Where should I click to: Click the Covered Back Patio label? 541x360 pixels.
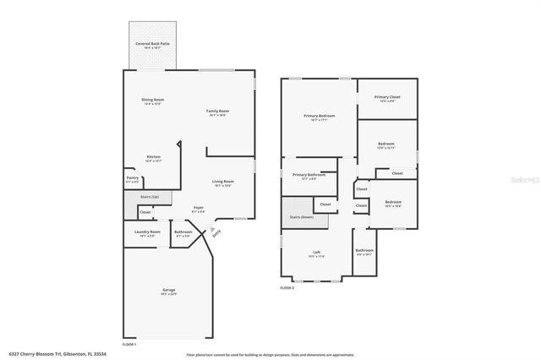pyautogui.click(x=152, y=43)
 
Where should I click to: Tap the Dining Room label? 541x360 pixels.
pyautogui.click(x=152, y=101)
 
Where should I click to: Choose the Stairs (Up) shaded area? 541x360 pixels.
pyautogui.click(x=148, y=197)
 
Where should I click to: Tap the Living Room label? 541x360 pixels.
pyautogui.click(x=222, y=183)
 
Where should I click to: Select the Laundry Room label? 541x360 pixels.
pyautogui.click(x=148, y=232)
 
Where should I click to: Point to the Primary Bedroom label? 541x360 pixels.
pyautogui.click(x=320, y=117)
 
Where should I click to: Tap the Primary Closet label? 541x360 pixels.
pyautogui.click(x=387, y=98)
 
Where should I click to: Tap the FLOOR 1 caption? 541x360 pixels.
pyautogui.click(x=129, y=344)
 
